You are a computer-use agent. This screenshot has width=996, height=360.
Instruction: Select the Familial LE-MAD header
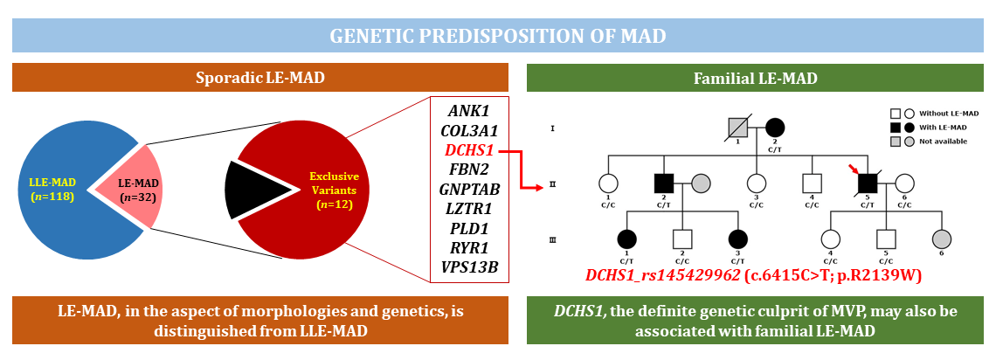(755, 79)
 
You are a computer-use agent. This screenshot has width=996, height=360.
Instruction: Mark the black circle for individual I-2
(774, 128)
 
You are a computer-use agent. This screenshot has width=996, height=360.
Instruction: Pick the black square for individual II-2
(664, 183)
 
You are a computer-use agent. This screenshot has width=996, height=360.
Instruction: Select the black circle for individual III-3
(738, 239)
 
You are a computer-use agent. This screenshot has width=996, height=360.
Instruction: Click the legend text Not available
(947, 141)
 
